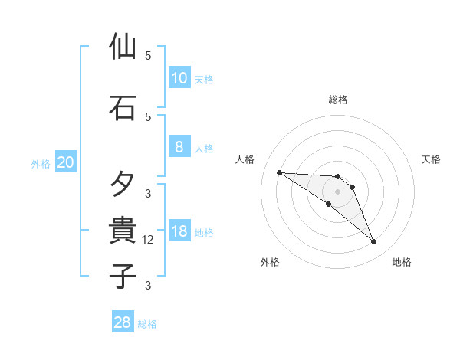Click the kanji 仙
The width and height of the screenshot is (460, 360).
[x=123, y=47]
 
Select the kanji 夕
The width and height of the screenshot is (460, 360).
[x=123, y=184]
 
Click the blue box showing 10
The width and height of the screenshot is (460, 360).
[x=179, y=78]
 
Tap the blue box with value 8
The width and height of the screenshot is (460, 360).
[x=179, y=148]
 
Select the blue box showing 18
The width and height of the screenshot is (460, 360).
[x=179, y=232]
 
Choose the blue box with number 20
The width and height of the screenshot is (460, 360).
[x=66, y=162]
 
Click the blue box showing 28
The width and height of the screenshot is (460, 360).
[x=123, y=322]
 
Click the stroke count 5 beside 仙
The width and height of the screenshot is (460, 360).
[x=148, y=56]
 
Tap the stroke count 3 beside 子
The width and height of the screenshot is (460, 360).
[x=148, y=286]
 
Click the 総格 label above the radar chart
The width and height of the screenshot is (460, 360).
[x=338, y=100]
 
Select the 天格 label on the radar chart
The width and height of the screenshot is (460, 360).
[x=431, y=159]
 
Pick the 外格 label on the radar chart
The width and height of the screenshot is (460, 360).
[x=270, y=262]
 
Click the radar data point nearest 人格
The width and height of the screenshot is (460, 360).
[x=279, y=172]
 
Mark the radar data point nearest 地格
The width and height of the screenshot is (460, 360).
[x=373, y=242]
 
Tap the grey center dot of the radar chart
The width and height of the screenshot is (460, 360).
[x=337, y=191]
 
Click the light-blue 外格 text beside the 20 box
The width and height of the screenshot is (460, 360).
[x=41, y=163]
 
